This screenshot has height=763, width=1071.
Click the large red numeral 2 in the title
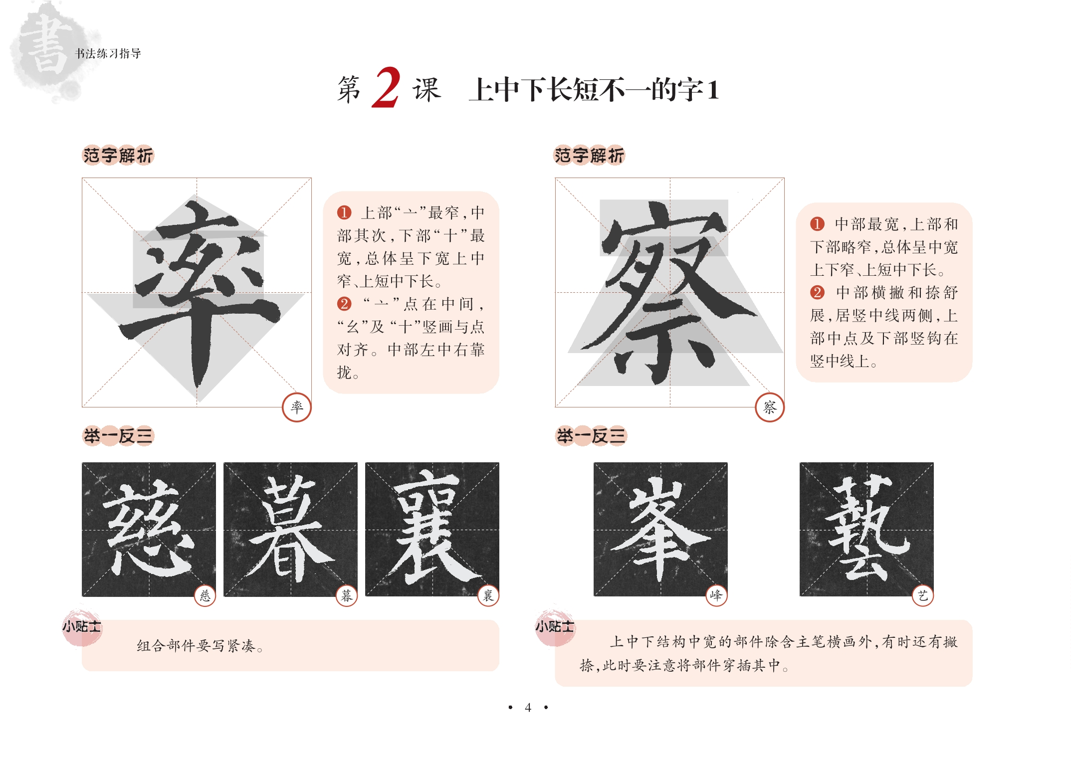point(386,88)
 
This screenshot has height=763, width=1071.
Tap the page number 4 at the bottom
point(528,707)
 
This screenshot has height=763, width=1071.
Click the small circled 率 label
point(297,407)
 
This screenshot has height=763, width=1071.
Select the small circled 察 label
point(770,407)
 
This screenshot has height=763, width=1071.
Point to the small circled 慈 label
point(205,595)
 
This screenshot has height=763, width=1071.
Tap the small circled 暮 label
point(347,595)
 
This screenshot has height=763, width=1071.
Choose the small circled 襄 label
point(488,595)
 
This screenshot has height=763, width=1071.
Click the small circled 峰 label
point(716,595)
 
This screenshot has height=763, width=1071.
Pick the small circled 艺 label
point(923,595)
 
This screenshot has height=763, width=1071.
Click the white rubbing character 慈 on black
point(149,529)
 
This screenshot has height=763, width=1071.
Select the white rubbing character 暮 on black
point(290,529)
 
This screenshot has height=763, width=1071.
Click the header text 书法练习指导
point(108,53)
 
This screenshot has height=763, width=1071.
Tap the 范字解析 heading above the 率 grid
point(118,156)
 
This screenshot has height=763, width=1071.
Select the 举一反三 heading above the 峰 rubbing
point(591,436)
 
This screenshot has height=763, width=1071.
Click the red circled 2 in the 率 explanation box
point(344,304)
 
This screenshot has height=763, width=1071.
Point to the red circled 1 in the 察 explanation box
point(817,224)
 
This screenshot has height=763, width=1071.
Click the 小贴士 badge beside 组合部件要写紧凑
point(82,626)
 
